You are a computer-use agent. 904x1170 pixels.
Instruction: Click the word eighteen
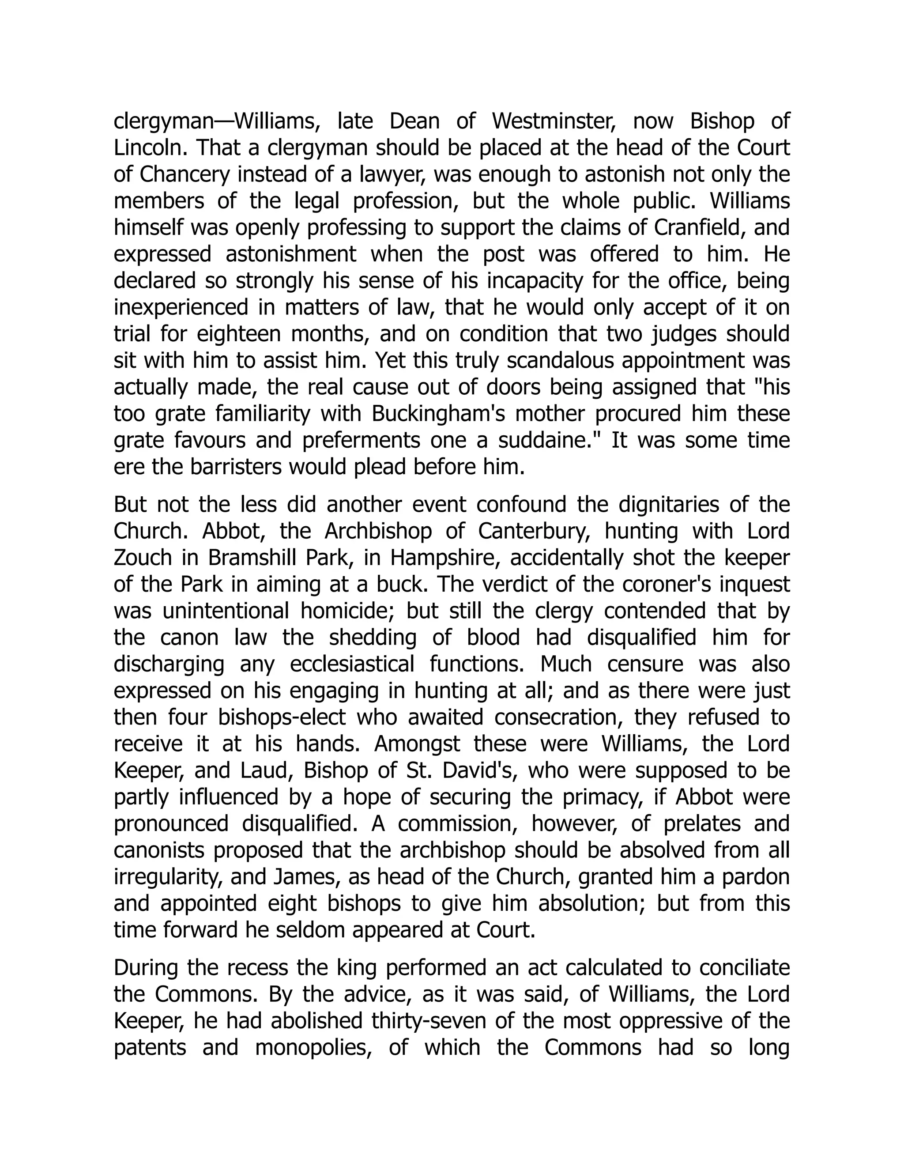click(x=239, y=334)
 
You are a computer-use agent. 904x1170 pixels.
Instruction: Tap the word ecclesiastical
click(x=352, y=664)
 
